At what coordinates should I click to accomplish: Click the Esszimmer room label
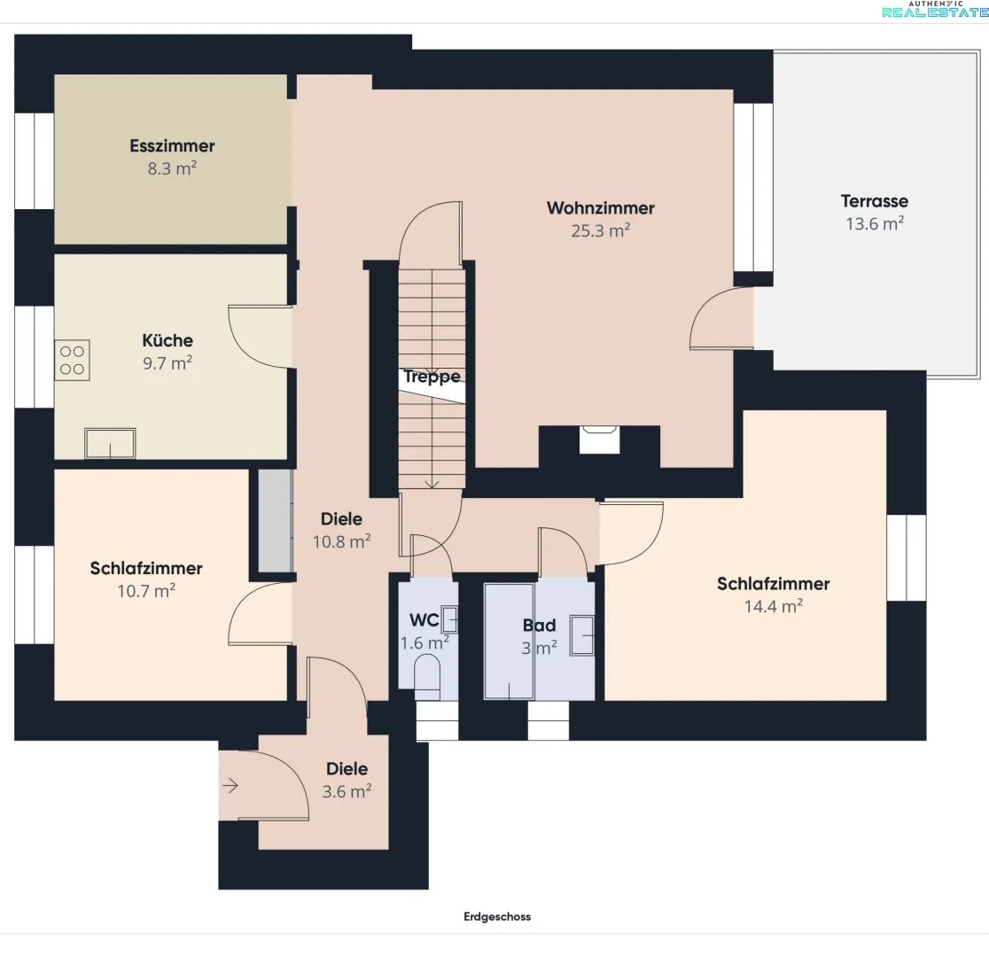click(172, 145)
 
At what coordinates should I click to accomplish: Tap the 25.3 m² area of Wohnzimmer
click(601, 231)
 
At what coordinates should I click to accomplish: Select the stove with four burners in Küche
click(72, 361)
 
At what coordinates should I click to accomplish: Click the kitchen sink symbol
click(111, 443)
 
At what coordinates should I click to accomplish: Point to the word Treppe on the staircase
click(432, 377)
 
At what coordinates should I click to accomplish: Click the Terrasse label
click(874, 201)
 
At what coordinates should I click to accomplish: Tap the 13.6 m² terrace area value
click(874, 224)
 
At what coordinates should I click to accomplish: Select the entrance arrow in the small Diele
click(230, 786)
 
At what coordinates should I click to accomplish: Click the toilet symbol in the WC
click(427, 675)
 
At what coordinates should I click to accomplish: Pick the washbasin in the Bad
click(582, 635)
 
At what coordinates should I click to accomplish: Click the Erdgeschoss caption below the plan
click(497, 916)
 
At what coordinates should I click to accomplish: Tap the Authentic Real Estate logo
click(935, 10)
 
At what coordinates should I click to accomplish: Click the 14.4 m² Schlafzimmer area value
click(774, 607)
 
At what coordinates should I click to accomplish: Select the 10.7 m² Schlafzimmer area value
click(146, 591)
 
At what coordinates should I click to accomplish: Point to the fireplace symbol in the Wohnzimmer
click(599, 440)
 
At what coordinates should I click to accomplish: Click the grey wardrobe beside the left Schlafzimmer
click(275, 520)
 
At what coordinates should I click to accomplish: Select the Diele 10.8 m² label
click(341, 531)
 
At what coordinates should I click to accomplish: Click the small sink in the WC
click(449, 619)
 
